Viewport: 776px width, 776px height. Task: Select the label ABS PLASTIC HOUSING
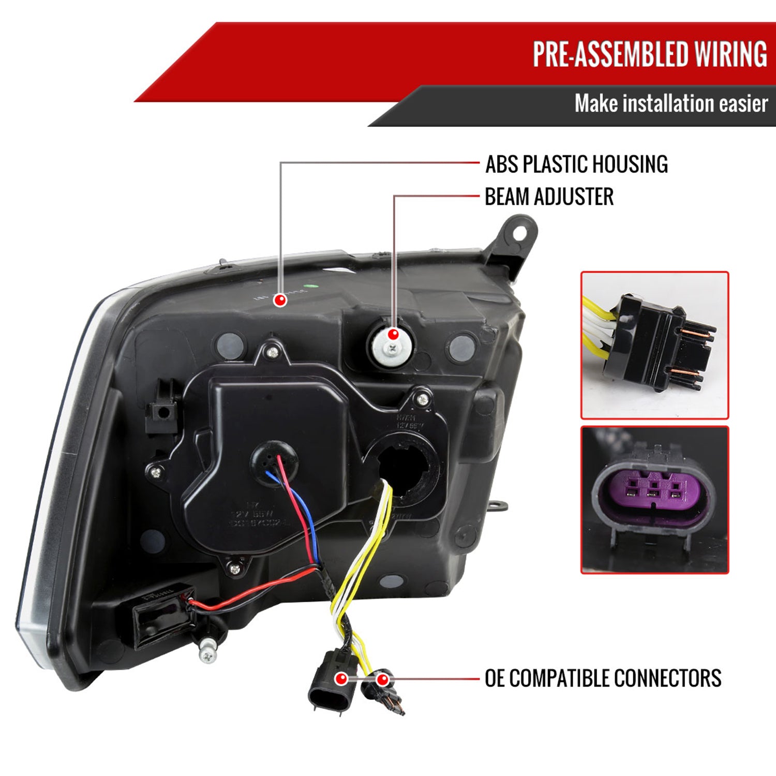pos(576,164)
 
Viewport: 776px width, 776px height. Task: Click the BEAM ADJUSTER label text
pos(549,197)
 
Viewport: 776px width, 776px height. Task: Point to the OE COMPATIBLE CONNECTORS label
pos(603,678)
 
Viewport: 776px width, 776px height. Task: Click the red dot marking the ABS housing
pos(280,300)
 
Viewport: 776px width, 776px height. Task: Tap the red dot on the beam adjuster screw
pos(393,334)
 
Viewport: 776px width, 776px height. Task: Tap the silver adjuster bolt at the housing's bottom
pos(208,651)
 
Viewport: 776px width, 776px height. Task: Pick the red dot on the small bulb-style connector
pos(383,679)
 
